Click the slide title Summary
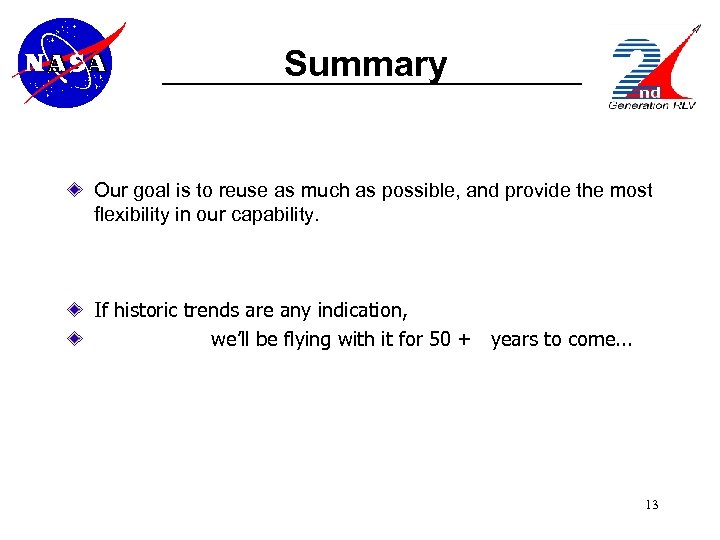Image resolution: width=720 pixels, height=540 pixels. coord(365,64)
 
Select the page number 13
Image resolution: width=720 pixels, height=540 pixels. coord(651,504)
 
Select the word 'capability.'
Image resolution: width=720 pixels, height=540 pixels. coord(281,213)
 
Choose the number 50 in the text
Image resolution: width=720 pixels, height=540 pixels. coord(440,339)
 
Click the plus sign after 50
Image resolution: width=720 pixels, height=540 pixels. coord(463,339)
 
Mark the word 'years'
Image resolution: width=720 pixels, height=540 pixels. coord(514,339)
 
